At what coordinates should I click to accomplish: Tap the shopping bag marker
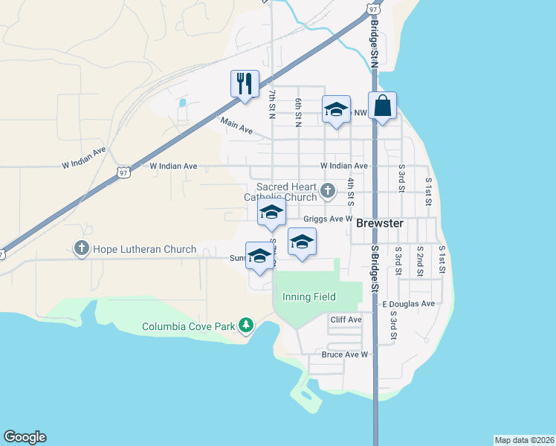pyautogui.click(x=382, y=106)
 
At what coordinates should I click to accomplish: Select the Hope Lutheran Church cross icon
pyautogui.click(x=81, y=248)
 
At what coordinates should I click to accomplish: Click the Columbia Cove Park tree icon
pyautogui.click(x=245, y=325)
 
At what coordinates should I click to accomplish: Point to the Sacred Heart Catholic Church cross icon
pyautogui.click(x=327, y=193)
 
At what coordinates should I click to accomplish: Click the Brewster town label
pyautogui.click(x=379, y=223)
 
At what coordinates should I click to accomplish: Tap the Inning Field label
pyautogui.click(x=308, y=297)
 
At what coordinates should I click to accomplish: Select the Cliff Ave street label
pyautogui.click(x=346, y=320)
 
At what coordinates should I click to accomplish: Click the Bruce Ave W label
pyautogui.click(x=345, y=355)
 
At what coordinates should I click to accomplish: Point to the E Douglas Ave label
pyautogui.click(x=408, y=304)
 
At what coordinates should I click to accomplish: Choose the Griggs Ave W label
pyautogui.click(x=327, y=219)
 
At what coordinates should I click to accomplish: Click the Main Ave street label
pyautogui.click(x=236, y=126)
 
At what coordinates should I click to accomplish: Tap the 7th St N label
pyautogui.click(x=273, y=103)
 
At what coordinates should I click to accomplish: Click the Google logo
pyautogui.click(x=25, y=437)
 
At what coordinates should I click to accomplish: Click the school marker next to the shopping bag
pyautogui.click(x=336, y=109)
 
